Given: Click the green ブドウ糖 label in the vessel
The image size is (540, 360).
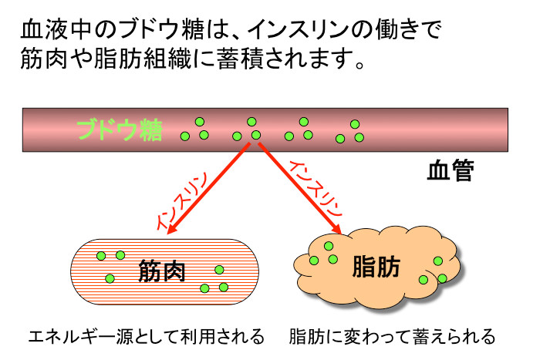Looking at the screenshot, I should [120, 130].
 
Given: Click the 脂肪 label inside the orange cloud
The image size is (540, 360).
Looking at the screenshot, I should [376, 266].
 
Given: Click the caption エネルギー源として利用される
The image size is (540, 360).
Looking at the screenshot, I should [146, 337].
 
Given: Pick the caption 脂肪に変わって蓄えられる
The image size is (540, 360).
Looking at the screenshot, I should [392, 337].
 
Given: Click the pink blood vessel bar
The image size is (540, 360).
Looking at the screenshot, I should [417, 129].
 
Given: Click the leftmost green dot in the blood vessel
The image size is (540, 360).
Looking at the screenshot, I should [185, 136].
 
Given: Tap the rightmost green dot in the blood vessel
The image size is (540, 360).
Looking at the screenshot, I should [359, 137].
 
